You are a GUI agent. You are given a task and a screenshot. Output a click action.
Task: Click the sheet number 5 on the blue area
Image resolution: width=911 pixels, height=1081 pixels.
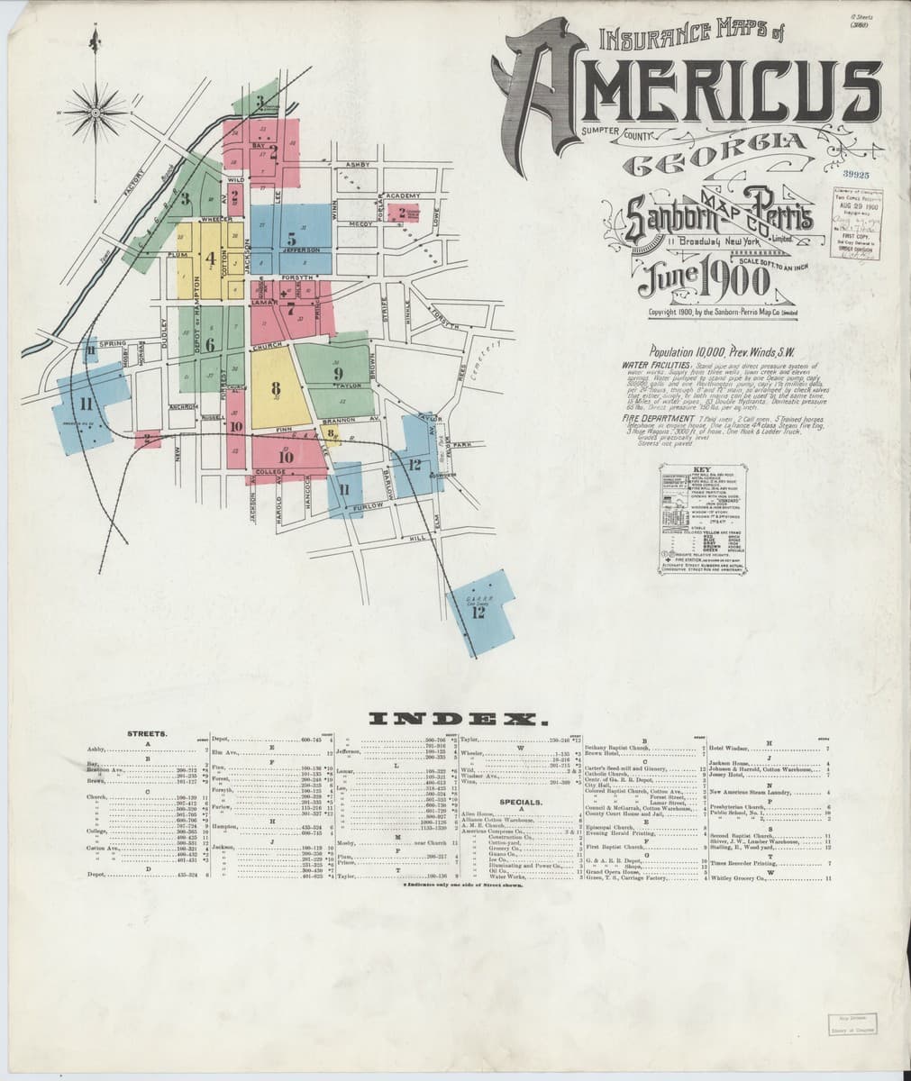[x=291, y=240]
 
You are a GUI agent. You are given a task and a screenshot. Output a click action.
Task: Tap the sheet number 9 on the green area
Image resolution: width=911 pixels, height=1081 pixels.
[x=338, y=372]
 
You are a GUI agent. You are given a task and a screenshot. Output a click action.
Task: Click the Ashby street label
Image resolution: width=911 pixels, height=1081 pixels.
[x=357, y=165]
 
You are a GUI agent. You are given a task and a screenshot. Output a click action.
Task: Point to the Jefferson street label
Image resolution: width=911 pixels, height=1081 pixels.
[x=304, y=250]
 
